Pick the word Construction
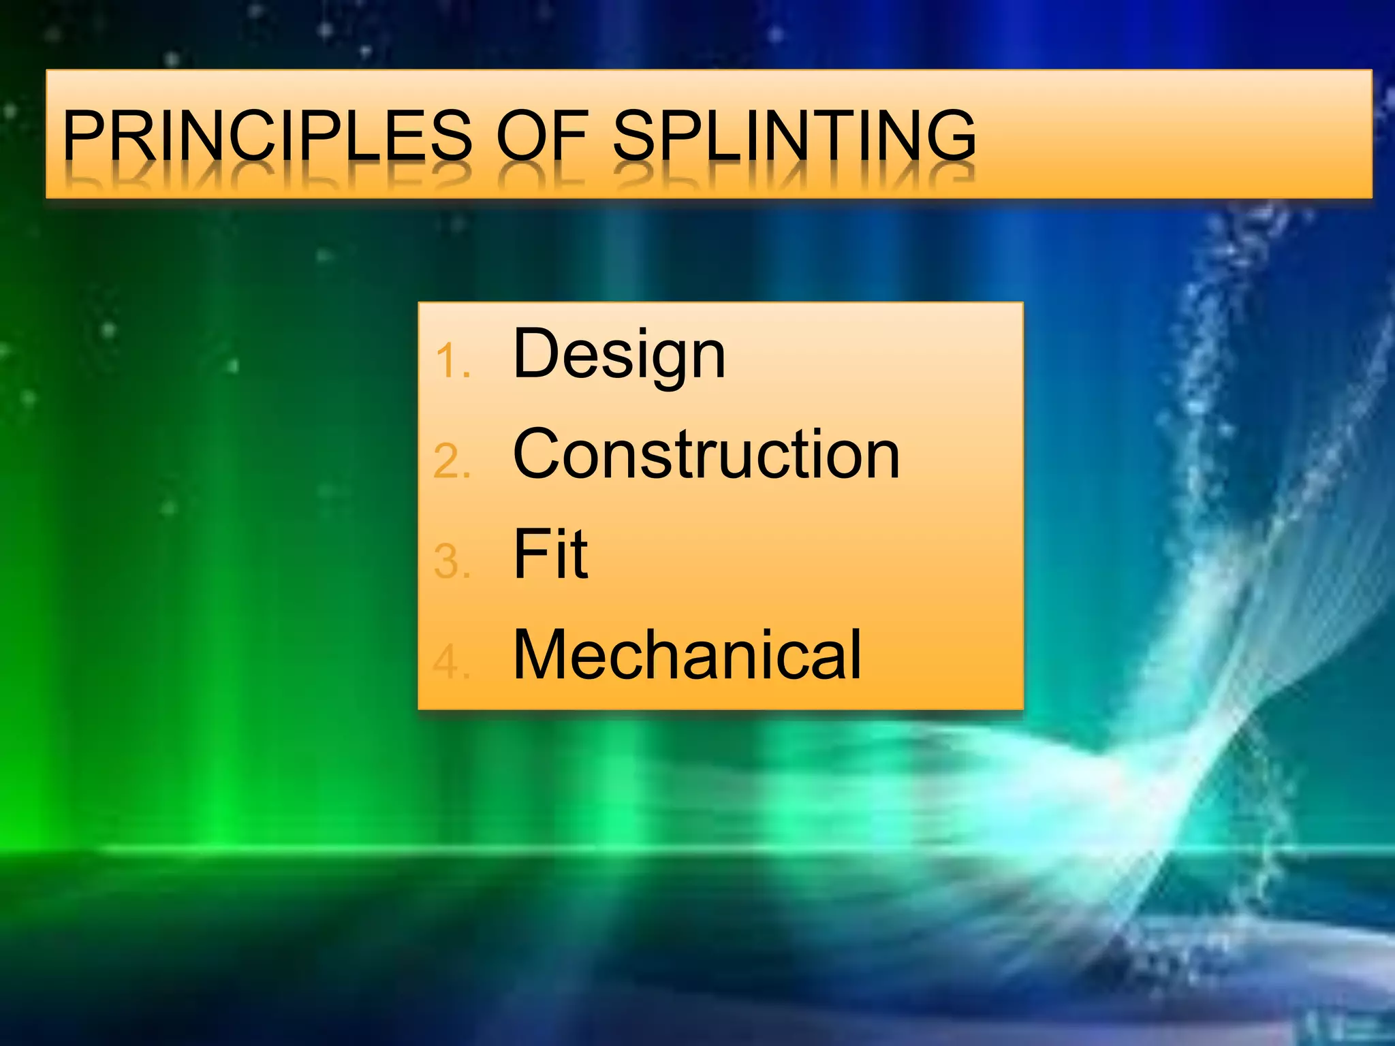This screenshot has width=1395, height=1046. click(706, 454)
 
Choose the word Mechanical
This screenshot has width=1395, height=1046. click(687, 654)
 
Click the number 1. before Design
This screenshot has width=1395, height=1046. click(452, 361)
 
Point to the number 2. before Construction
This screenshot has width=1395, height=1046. click(452, 461)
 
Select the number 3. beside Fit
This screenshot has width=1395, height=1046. click(452, 562)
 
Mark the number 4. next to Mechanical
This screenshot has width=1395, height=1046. click(452, 662)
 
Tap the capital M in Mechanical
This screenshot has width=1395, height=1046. click(544, 654)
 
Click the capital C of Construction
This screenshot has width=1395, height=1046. click(539, 454)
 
